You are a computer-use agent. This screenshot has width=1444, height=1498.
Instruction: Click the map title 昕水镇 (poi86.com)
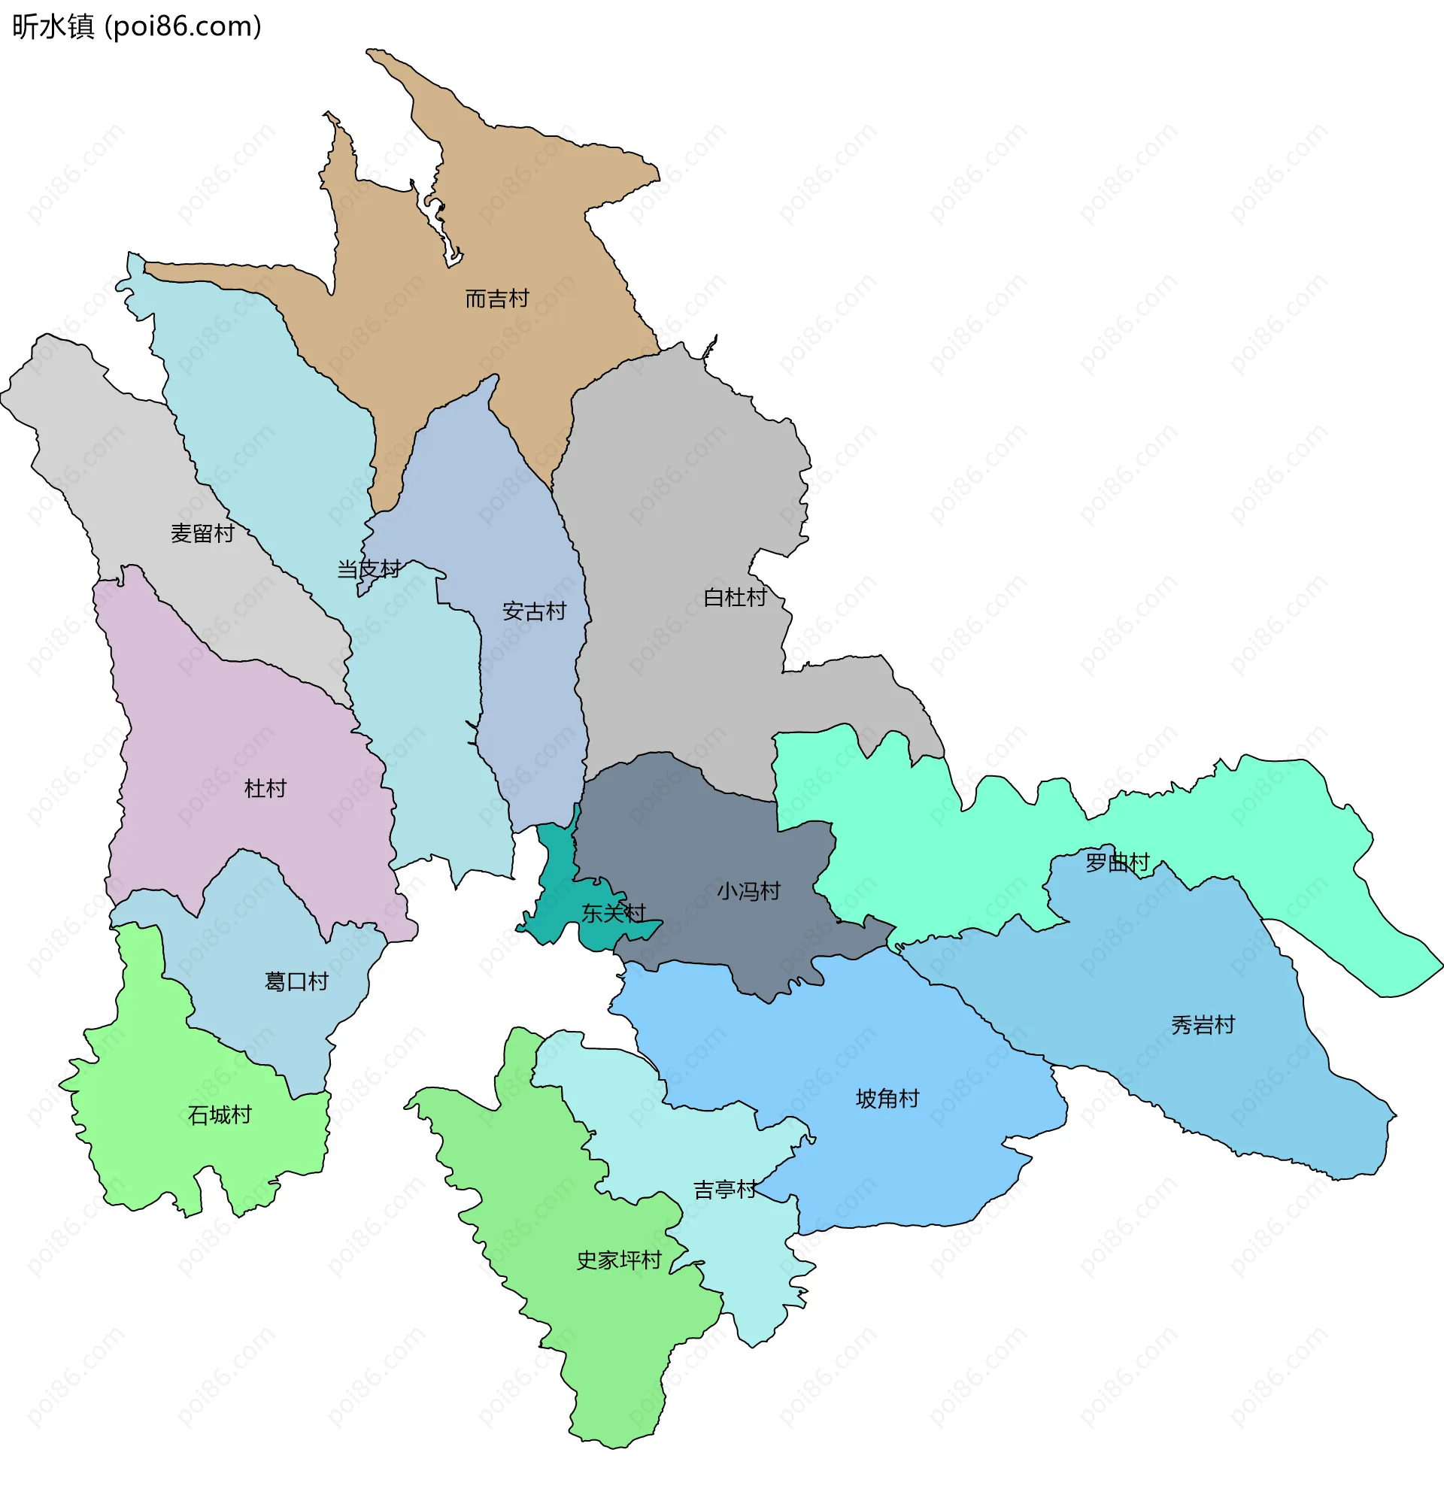(x=138, y=27)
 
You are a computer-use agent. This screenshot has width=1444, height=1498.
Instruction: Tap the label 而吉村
(x=497, y=299)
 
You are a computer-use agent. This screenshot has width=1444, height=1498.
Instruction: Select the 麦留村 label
(x=202, y=533)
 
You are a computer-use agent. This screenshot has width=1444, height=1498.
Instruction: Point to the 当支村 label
(x=369, y=569)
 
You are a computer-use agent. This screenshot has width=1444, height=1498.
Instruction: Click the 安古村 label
(x=533, y=611)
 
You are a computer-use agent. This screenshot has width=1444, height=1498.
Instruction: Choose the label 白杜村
(x=735, y=598)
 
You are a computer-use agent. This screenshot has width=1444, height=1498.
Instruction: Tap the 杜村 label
(x=265, y=789)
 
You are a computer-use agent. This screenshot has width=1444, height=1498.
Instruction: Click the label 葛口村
(x=296, y=981)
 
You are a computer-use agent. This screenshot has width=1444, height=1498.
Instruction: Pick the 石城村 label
(x=220, y=1115)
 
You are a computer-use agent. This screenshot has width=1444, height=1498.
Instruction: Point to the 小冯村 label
(x=748, y=891)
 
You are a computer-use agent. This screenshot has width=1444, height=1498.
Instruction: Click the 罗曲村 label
(x=1118, y=863)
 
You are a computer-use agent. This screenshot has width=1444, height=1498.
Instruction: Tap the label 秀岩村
(x=1203, y=1025)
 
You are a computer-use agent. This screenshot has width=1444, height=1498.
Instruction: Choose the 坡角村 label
(x=887, y=1099)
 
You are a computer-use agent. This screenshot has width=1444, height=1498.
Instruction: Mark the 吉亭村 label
(x=725, y=1190)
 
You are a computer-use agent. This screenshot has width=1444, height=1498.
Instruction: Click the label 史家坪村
(x=618, y=1260)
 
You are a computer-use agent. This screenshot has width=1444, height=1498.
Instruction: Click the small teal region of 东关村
(x=558, y=879)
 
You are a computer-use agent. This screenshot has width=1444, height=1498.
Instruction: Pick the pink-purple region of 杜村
(x=229, y=726)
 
